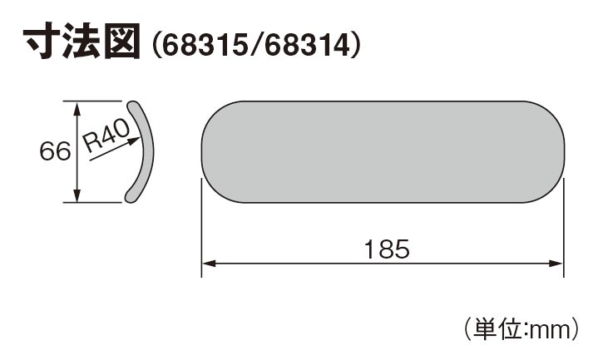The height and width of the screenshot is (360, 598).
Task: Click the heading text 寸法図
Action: tap(82, 42)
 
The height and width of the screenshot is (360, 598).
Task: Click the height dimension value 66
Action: tap(55, 151)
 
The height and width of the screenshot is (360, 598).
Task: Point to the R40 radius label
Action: tap(106, 136)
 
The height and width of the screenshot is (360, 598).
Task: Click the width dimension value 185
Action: tap(387, 249)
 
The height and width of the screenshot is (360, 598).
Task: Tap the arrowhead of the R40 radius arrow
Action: tap(134, 141)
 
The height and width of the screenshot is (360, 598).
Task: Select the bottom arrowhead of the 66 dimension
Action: tap(77, 195)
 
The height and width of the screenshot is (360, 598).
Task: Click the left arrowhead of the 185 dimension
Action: tap(209, 263)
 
